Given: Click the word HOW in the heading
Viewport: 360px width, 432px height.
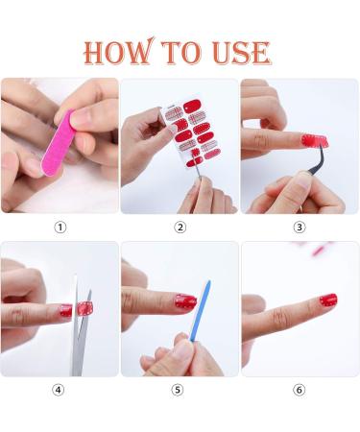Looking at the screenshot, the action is pyautogui.click(x=118, y=51).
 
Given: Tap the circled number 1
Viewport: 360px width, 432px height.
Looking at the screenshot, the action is pyautogui.click(x=60, y=228).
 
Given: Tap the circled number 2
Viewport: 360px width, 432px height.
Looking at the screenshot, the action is pyautogui.click(x=180, y=228).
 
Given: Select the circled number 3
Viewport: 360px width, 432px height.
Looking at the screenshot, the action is pyautogui.click(x=300, y=228).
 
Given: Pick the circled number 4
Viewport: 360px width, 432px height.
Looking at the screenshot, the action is pyautogui.click(x=58, y=390).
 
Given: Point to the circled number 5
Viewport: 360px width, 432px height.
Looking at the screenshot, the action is pyautogui.click(x=178, y=390).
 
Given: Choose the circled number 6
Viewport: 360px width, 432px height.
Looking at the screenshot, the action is pyautogui.click(x=300, y=390).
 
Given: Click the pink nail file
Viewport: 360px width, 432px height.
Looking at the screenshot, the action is pyautogui.click(x=58, y=144).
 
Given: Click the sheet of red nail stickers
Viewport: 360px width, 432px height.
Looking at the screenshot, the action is pyautogui.click(x=194, y=133).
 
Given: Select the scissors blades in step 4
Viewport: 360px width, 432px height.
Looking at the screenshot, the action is pyautogui.click(x=80, y=326).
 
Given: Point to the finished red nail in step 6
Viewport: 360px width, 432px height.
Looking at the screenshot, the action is pyautogui.click(x=328, y=300).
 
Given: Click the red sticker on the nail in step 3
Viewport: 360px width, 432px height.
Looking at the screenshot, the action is pyautogui.click(x=315, y=141).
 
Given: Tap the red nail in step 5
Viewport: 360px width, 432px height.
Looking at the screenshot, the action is pyautogui.click(x=185, y=301).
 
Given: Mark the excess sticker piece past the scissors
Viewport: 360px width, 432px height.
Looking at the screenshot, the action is pyautogui.click(x=85, y=308).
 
